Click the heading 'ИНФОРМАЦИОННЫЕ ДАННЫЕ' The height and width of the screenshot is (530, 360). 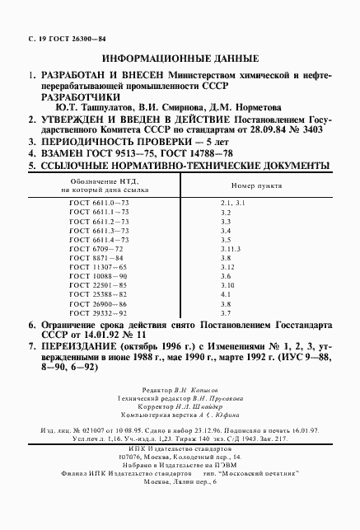[179, 59]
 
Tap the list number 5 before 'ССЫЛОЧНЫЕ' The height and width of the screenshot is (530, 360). [31, 166]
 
